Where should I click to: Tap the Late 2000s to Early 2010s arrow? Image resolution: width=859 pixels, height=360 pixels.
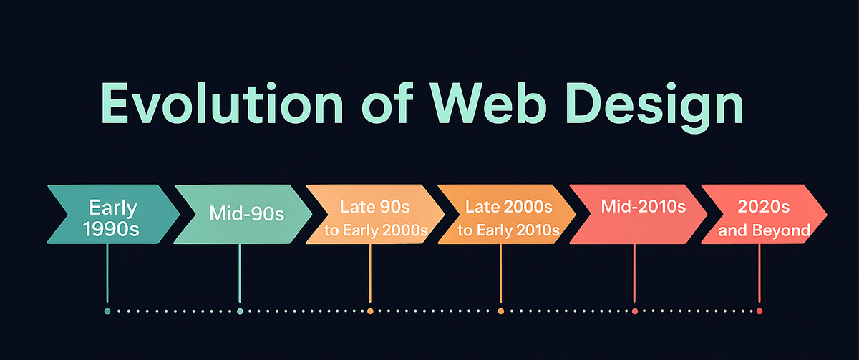pyautogui.click(x=505, y=215)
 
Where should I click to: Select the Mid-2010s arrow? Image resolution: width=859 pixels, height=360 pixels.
pyautogui.click(x=636, y=215)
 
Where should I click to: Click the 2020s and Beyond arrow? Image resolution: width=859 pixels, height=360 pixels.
pyautogui.click(x=765, y=215)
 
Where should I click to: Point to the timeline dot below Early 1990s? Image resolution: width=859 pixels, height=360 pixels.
pyautogui.click(x=107, y=311)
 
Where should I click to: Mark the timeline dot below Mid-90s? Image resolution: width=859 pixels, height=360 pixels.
pyautogui.click(x=240, y=311)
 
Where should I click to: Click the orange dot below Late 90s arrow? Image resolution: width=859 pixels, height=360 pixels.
pyautogui.click(x=370, y=311)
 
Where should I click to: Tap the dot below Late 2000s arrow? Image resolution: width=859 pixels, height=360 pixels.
pyautogui.click(x=500, y=311)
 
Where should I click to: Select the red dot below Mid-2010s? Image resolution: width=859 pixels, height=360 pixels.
pyautogui.click(x=635, y=311)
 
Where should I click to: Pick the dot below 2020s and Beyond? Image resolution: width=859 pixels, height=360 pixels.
pyautogui.click(x=759, y=311)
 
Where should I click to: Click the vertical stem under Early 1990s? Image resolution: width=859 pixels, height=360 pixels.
pyautogui.click(x=107, y=272)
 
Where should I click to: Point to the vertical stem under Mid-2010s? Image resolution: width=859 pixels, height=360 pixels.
pyautogui.click(x=635, y=272)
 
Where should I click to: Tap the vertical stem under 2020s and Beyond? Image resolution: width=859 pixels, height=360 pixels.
pyautogui.click(x=759, y=272)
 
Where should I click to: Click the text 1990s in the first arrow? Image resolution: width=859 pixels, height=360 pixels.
pyautogui.click(x=112, y=230)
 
